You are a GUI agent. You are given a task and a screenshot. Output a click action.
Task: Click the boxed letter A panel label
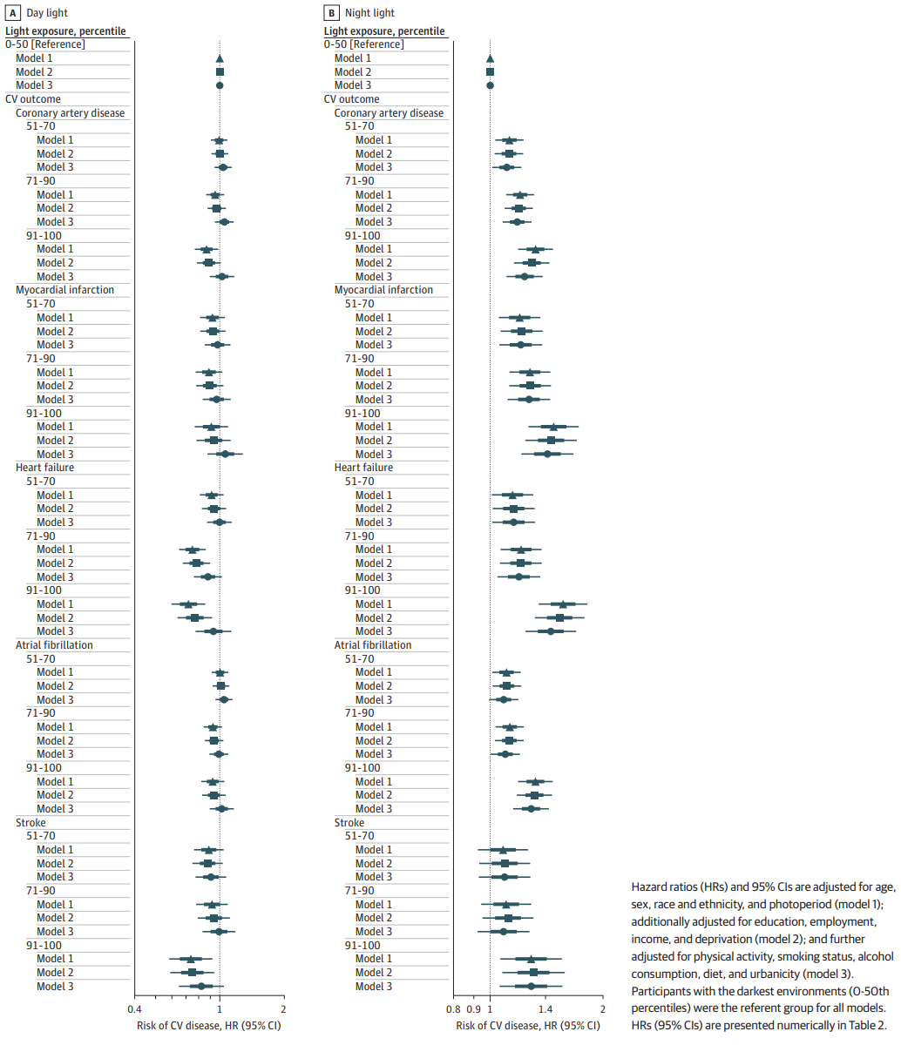[11, 13]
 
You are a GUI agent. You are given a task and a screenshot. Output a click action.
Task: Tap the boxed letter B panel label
[330, 13]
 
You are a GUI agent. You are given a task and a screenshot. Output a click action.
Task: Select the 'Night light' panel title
[369, 13]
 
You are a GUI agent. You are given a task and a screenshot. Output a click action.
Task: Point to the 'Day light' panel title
[47, 13]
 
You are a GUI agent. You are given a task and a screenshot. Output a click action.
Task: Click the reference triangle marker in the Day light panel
[220, 58]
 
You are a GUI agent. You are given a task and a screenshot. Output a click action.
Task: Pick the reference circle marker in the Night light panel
[490, 85]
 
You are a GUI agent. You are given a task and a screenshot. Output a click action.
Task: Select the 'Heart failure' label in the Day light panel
[45, 468]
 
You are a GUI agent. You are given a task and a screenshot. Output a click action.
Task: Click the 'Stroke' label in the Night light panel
[350, 823]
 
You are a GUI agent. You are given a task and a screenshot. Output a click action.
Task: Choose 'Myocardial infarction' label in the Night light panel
[383, 290]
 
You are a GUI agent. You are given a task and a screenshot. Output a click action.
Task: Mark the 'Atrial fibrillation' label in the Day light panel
[55, 645]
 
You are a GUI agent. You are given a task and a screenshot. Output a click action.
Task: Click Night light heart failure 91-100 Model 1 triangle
[563, 603]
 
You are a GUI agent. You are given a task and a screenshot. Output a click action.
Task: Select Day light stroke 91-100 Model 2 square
[192, 973]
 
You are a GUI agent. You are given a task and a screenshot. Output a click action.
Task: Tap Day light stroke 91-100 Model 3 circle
[201, 987]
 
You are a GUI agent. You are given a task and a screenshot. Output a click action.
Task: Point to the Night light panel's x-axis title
[527, 1026]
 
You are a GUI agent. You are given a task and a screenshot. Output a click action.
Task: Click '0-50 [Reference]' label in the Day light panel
[45, 44]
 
